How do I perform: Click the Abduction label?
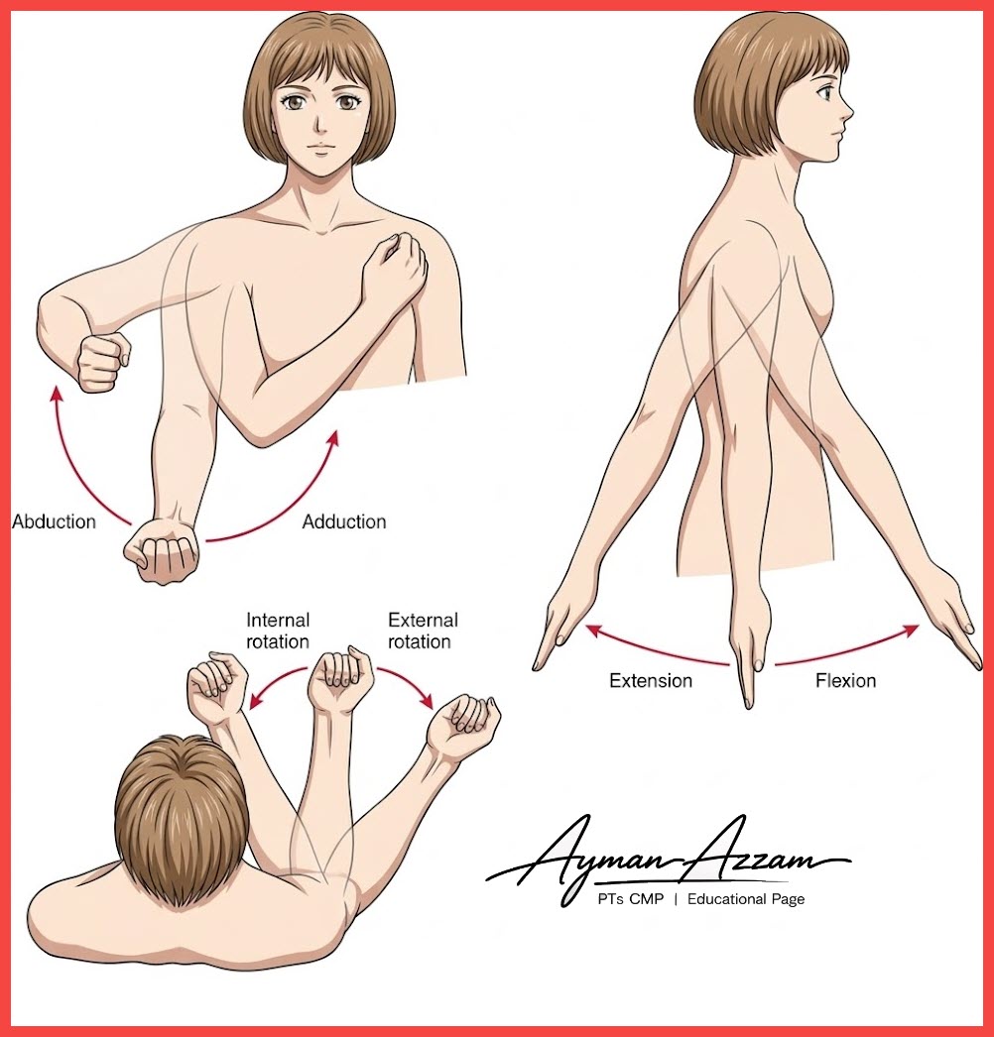[x=54, y=521]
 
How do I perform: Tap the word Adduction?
[x=344, y=521]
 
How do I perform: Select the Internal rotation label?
[x=278, y=631]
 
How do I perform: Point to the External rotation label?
[x=423, y=631]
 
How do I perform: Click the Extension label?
[x=651, y=680]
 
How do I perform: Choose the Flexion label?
[x=846, y=680]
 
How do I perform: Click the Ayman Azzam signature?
[x=669, y=857]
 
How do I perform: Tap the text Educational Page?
[x=746, y=899]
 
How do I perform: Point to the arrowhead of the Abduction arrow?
[x=57, y=394]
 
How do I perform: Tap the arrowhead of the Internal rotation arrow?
[x=254, y=702]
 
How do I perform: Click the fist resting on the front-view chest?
[x=395, y=268]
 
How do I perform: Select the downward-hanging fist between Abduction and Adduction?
[x=162, y=552]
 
